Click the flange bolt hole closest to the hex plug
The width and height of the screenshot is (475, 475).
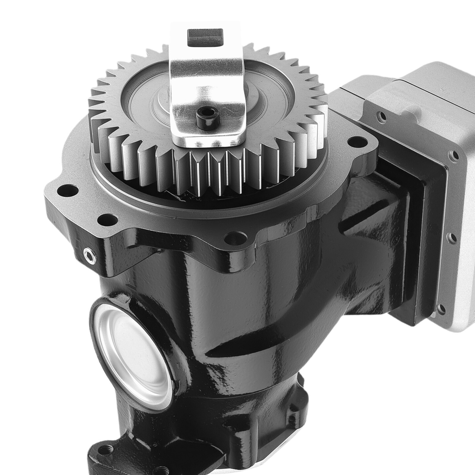[103, 220]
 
